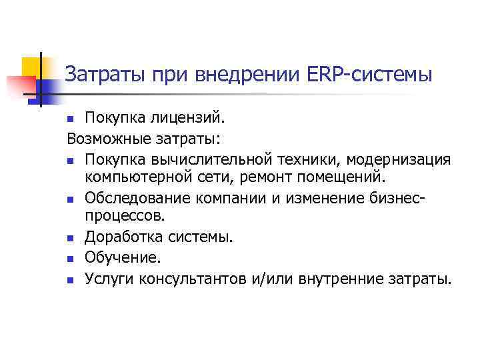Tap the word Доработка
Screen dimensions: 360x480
coord(123,237)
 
